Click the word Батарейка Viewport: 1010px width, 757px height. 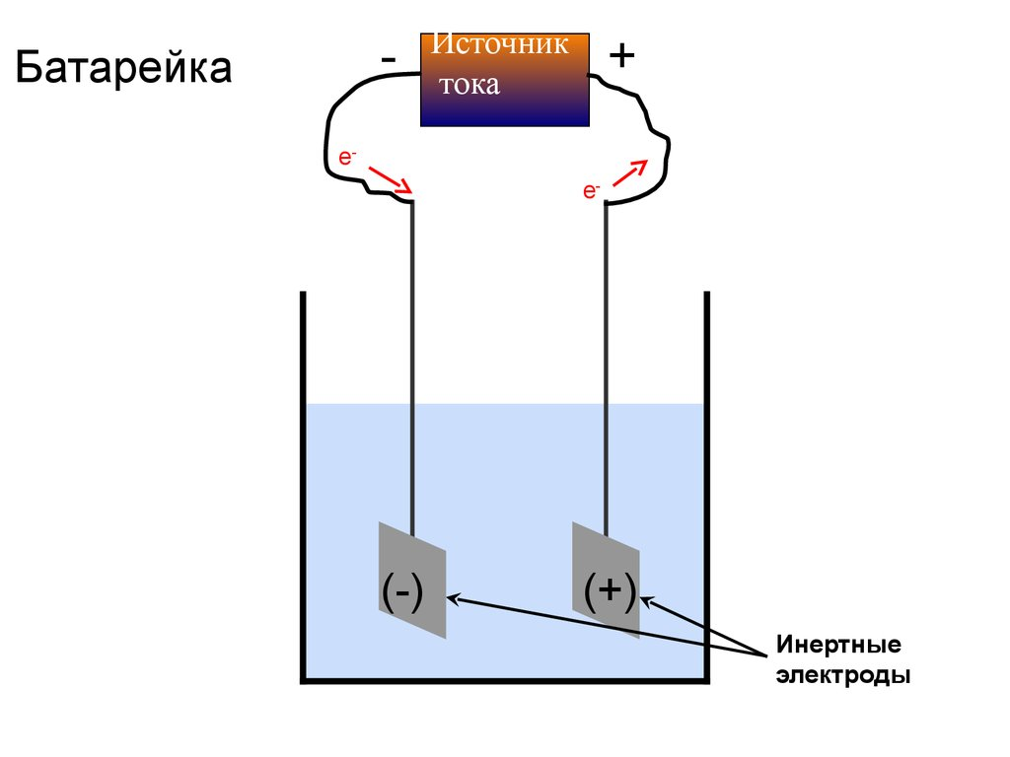(x=122, y=68)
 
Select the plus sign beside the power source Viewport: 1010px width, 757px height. (x=621, y=56)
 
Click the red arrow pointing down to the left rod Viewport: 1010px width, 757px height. (x=391, y=180)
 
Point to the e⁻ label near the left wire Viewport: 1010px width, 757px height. (x=346, y=157)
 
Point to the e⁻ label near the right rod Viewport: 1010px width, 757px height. (x=591, y=191)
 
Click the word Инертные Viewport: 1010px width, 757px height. (x=838, y=647)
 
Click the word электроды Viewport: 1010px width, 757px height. (x=842, y=676)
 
